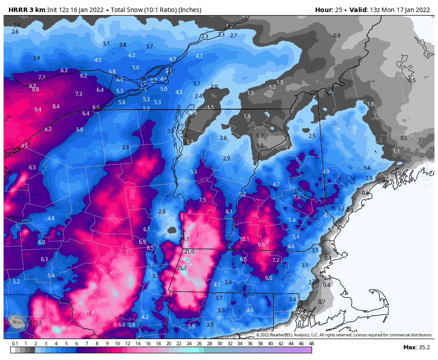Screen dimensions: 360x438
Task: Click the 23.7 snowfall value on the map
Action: tap(182, 268)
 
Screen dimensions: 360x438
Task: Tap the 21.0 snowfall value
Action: tap(189, 252)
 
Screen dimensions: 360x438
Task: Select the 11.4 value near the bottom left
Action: tap(89, 313)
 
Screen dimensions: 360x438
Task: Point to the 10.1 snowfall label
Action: tap(244, 239)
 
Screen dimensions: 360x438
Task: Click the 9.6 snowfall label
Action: tap(261, 245)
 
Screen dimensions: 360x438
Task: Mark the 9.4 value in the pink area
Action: tap(38, 110)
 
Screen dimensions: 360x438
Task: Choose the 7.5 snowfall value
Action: tap(203, 200)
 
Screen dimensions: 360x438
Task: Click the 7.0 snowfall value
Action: tap(297, 197)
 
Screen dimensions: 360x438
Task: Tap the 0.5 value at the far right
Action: tap(412, 81)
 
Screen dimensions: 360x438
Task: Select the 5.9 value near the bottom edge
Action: tap(191, 327)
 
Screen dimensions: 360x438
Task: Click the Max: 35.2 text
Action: tap(415, 347)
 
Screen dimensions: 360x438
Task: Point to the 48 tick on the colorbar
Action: tap(311, 344)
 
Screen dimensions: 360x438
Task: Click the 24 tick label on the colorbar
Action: tap(189, 344)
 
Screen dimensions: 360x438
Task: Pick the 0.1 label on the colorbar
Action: tap(15, 344)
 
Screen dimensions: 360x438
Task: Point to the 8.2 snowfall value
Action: tap(48, 129)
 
